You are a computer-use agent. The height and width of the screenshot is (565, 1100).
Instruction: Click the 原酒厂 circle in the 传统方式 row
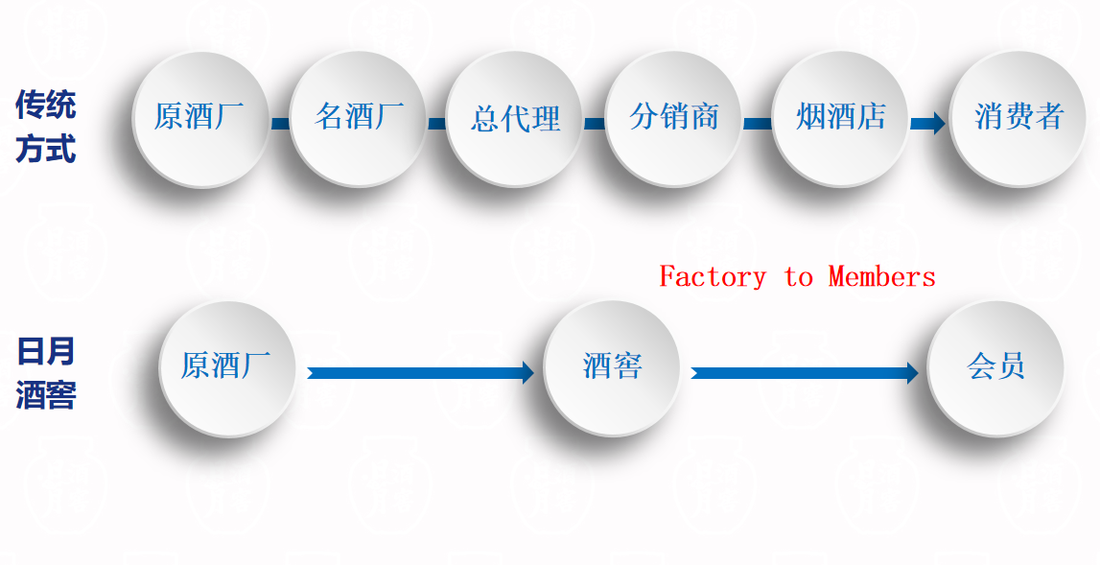point(199,118)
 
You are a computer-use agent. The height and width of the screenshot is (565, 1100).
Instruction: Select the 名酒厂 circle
point(358,118)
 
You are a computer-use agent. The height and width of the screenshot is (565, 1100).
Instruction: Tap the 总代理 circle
point(515,118)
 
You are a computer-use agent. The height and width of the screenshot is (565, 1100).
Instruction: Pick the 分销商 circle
point(673,118)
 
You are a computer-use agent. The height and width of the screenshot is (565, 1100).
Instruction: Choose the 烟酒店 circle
point(840,118)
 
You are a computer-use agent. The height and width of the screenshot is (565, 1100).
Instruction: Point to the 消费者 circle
point(1018,118)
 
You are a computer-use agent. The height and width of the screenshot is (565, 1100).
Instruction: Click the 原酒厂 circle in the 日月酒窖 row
point(226,367)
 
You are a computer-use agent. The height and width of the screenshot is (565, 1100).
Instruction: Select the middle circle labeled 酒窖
point(612,367)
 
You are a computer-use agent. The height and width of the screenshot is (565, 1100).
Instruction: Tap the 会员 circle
point(996,367)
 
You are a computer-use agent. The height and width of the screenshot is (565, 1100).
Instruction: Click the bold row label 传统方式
point(45,127)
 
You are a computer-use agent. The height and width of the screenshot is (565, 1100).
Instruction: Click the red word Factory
point(713,277)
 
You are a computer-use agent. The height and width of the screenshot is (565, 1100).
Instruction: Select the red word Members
point(881,277)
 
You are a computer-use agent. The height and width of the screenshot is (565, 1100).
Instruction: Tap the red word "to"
point(798,277)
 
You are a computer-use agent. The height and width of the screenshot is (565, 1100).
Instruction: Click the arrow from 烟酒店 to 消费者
point(927,123)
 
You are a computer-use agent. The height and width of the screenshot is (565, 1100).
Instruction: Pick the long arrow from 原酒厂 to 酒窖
point(420,372)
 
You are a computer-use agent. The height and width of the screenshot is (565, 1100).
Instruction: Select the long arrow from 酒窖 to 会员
point(804,372)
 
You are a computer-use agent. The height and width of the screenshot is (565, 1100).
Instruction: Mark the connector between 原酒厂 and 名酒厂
point(279,123)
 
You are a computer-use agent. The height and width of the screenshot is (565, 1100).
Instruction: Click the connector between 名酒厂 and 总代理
point(436,123)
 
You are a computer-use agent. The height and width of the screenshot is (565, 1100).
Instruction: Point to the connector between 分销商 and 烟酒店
point(758,123)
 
